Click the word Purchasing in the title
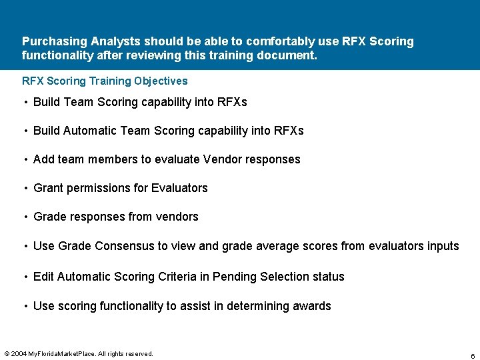[51, 41]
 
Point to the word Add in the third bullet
[44, 159]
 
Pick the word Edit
[43, 277]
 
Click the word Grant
[48, 188]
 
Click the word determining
[256, 306]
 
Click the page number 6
[473, 356]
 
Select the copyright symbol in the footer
[7, 353]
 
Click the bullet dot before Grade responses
[25, 217]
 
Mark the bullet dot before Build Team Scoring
[25, 102]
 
